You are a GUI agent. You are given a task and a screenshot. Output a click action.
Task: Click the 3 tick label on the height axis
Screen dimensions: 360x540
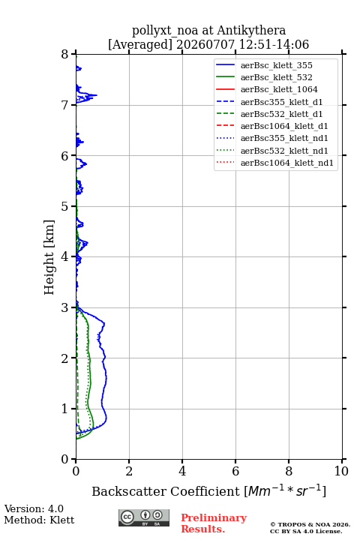click(64, 307)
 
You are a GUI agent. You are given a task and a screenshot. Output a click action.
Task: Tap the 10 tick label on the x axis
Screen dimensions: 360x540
click(341, 471)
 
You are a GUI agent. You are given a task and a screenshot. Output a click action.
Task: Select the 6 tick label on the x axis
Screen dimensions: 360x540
click(235, 471)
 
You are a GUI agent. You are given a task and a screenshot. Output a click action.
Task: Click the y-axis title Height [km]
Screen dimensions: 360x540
click(49, 257)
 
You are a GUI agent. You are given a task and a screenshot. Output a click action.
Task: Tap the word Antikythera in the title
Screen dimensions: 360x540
click(251, 30)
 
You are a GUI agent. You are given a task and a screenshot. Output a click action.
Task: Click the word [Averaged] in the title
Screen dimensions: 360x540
click(139, 44)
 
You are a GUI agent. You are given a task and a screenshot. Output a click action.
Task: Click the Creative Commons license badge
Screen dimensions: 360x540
click(144, 517)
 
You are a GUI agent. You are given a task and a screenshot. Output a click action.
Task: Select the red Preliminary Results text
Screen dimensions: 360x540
click(214, 523)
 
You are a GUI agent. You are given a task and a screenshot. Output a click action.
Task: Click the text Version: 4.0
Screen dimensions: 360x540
click(34, 508)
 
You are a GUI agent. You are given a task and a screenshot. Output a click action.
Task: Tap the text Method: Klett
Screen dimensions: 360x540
click(39, 520)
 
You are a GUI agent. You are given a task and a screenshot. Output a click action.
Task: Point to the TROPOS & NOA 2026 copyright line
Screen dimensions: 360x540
click(310, 524)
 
